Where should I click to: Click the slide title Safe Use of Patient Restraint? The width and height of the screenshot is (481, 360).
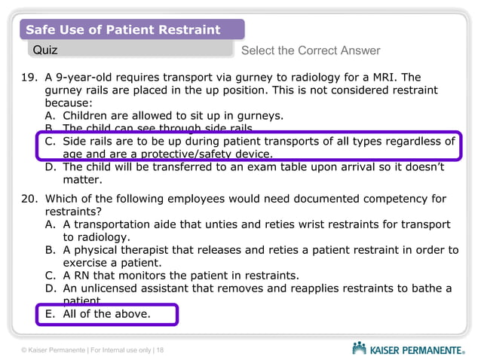pos(123,30)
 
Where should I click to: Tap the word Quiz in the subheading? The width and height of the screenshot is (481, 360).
pos(44,50)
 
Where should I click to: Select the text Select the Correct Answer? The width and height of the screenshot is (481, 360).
pos(311,50)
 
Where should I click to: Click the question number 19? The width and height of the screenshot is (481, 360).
pos(27,77)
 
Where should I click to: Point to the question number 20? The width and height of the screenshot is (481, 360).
pos(27,199)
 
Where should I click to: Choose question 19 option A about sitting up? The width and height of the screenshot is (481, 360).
pos(162,115)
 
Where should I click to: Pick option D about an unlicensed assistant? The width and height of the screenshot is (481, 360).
pos(249,288)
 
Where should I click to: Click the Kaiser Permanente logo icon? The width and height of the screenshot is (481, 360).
pos(360,348)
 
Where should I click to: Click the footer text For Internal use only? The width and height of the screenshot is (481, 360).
pos(121,349)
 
